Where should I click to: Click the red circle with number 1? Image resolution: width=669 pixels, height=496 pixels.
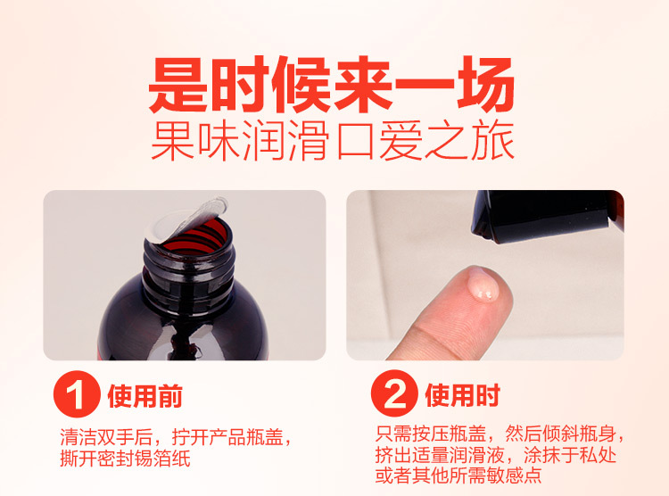pyautogui.click(x=77, y=394)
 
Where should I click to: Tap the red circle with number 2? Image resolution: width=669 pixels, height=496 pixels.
pyautogui.click(x=394, y=393)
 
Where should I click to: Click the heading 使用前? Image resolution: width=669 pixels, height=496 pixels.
pyautogui.click(x=145, y=396)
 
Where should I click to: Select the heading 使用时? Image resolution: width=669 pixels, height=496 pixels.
pyautogui.click(x=462, y=395)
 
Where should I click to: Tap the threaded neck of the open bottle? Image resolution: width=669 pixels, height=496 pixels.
pyautogui.click(x=189, y=260)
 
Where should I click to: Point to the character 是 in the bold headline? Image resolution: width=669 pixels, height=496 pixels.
pyautogui.click(x=178, y=84)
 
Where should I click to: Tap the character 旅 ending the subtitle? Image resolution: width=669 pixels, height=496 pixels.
pyautogui.click(x=493, y=141)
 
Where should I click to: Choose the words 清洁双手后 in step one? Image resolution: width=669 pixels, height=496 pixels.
pyautogui.click(x=107, y=436)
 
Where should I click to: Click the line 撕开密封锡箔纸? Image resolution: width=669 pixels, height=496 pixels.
pyautogui.click(x=126, y=459)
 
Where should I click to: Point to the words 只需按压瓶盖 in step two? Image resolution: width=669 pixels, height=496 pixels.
pyautogui.click(x=431, y=434)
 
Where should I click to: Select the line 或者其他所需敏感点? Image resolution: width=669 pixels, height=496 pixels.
pyautogui.click(x=458, y=475)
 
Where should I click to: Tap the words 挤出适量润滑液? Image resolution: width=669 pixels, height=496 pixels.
pyautogui.click(x=440, y=455)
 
